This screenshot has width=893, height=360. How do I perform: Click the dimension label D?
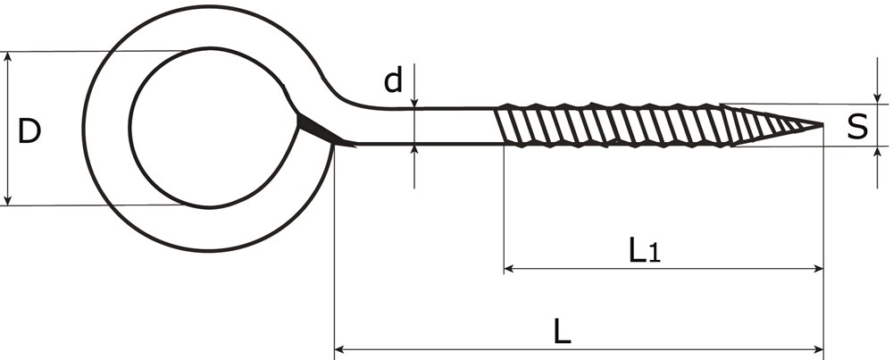(x=29, y=131)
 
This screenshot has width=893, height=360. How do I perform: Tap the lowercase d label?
(x=393, y=81)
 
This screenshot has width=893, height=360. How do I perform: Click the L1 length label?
(x=644, y=250)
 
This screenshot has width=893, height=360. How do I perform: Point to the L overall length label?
(x=562, y=332)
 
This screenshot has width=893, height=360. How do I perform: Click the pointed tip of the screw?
(x=820, y=125)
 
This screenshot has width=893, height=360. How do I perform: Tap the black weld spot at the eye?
(x=313, y=130)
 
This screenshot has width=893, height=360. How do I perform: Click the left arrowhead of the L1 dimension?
(x=510, y=267)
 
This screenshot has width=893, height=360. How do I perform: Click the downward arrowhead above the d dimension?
(x=415, y=103)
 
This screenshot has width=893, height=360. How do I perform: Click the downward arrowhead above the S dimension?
(x=878, y=97)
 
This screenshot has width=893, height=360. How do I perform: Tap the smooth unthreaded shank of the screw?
(x=429, y=126)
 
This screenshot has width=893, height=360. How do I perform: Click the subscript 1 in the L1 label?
(x=654, y=255)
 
